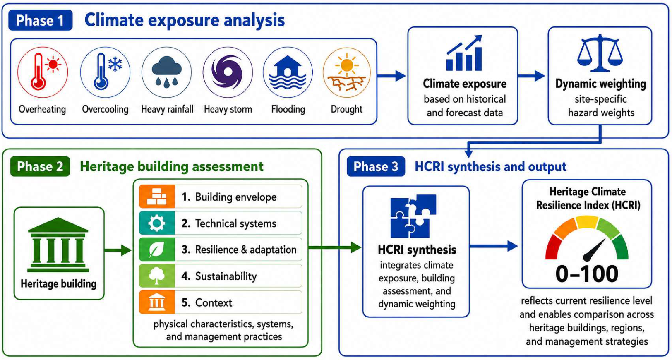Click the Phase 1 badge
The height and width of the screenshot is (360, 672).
[41, 20]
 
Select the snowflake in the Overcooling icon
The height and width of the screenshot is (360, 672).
[115, 64]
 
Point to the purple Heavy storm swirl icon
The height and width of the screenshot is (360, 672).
[228, 72]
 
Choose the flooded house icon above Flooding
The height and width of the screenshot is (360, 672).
[288, 72]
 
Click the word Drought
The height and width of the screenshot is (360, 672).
[346, 109]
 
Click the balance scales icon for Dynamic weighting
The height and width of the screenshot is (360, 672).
[600, 53]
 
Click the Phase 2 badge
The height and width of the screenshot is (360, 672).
[40, 166]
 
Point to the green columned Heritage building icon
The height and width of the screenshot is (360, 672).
[58, 245]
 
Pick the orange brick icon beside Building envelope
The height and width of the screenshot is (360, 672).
[157, 197]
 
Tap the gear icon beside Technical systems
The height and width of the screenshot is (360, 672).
[157, 223]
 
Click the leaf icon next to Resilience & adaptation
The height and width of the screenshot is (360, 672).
[157, 249]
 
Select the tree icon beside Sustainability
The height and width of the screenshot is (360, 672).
[157, 276]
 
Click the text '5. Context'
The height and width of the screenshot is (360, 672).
[207, 303]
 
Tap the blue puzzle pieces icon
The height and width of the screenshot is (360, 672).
[413, 216]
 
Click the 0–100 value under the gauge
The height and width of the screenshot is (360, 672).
[587, 274]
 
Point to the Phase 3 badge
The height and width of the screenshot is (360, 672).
[376, 166]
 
